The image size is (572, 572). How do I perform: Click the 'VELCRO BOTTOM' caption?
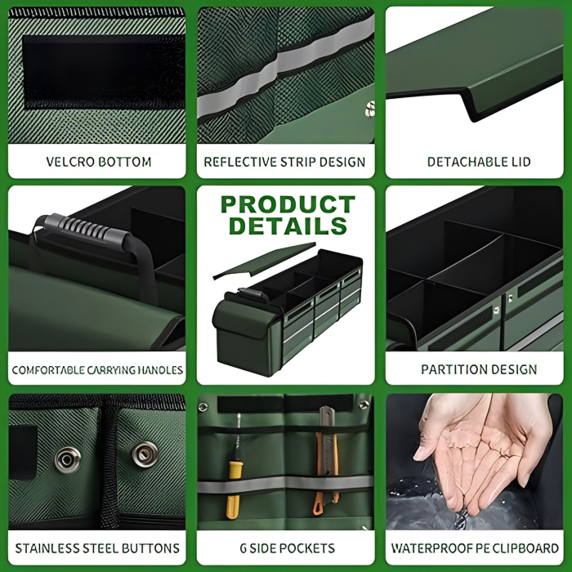point(98,162)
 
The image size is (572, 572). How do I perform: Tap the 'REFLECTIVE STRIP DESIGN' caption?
point(284,162)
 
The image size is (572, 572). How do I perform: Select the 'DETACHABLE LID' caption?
point(479,162)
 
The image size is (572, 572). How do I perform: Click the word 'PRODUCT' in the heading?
point(287,204)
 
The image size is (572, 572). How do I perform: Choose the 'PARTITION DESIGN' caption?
point(479,369)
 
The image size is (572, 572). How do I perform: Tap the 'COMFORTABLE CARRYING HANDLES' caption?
point(97,370)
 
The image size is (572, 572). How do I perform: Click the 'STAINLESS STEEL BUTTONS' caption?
point(97,547)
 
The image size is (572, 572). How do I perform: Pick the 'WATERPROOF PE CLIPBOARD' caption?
point(475,547)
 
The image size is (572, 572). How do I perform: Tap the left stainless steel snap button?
point(66,458)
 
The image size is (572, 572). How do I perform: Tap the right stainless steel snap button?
point(145,452)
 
